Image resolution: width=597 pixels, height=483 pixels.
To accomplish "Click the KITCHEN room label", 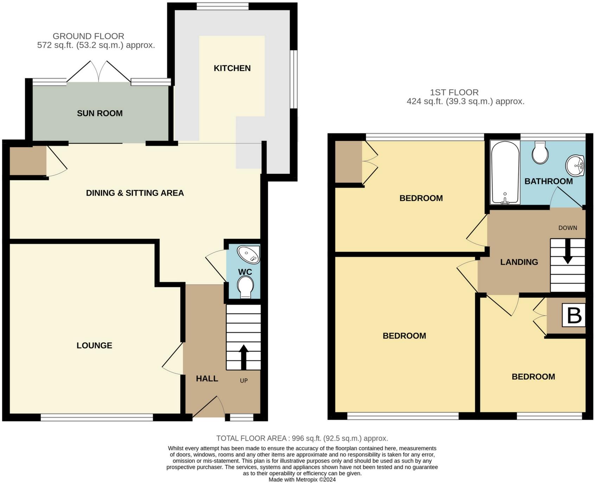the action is [232, 68].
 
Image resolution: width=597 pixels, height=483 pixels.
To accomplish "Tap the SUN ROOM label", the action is [100, 113].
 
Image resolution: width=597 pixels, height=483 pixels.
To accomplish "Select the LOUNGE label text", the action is [94, 345].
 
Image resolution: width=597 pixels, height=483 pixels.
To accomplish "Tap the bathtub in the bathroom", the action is [505, 172].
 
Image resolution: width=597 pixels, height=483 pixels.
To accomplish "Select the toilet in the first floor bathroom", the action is [540, 152].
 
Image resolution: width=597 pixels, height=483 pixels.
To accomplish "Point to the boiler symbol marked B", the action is [574, 315].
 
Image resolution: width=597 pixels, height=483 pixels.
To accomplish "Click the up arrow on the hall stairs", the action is [243, 357].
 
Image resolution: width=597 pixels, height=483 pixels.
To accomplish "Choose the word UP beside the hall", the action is [244, 380].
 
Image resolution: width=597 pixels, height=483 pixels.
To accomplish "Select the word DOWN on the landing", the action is [568, 228].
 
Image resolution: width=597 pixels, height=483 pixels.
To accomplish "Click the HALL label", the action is [207, 378].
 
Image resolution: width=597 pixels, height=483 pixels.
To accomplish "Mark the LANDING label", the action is [519, 262].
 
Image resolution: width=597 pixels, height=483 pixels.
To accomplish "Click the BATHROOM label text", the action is [548, 181].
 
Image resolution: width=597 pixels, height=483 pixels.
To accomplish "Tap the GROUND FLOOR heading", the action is [88, 36].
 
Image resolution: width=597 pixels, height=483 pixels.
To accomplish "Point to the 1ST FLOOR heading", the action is [454, 92].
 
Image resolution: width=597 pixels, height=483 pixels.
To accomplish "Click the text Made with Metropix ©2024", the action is [302, 479].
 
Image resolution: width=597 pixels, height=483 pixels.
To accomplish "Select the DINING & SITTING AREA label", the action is [135, 193].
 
